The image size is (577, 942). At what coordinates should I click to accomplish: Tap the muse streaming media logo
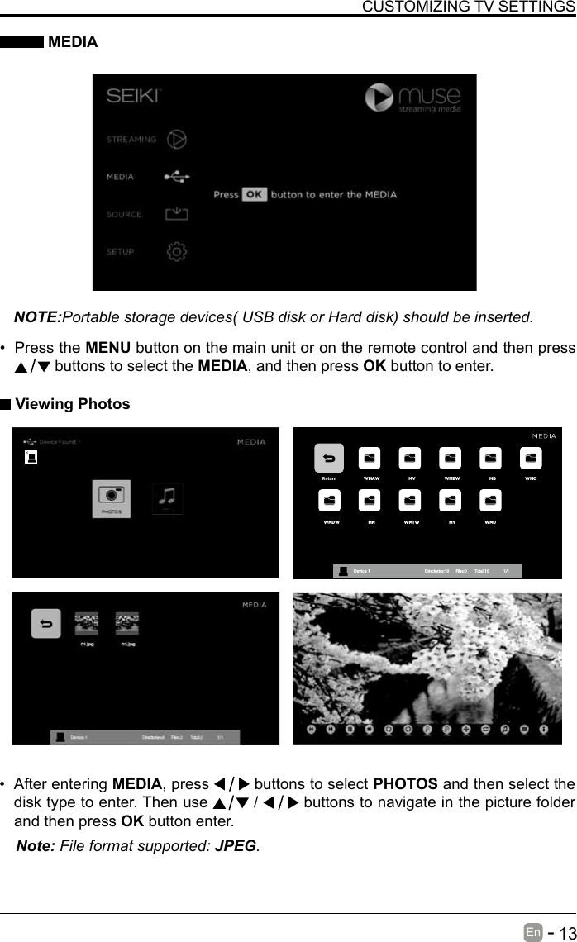click(413, 98)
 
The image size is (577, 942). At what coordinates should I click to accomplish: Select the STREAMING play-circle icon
click(176, 139)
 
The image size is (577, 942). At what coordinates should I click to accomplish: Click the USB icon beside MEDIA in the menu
click(176, 176)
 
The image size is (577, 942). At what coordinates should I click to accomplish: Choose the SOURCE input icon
click(176, 214)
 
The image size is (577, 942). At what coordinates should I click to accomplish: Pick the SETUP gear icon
click(176, 251)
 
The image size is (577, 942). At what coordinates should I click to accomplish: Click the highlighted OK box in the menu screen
click(255, 195)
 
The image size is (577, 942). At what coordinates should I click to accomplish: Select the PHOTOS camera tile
click(111, 498)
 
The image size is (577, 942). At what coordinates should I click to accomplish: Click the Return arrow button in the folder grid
click(329, 459)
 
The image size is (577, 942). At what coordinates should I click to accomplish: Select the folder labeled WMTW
click(410, 502)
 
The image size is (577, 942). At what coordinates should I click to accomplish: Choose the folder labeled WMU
click(491, 502)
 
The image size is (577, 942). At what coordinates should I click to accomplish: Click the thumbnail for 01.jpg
click(86, 623)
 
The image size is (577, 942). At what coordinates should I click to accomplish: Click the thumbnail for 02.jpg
click(127, 623)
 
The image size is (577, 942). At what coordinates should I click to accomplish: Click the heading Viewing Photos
click(73, 404)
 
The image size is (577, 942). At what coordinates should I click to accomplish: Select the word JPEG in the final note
click(235, 846)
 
